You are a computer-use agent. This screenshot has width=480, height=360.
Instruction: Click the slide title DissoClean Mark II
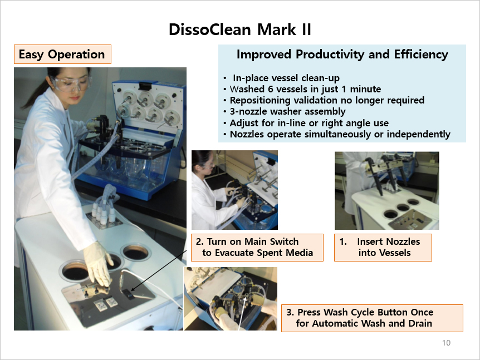pyautogui.click(x=239, y=29)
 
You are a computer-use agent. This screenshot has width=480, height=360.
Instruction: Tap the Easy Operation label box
pyautogui.click(x=62, y=55)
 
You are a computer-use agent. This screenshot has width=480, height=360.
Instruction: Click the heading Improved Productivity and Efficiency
pyautogui.click(x=342, y=54)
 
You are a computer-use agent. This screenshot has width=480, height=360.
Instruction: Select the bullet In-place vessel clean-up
pyautogui.click(x=286, y=78)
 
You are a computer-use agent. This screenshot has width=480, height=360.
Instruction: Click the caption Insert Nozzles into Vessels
pyautogui.click(x=383, y=248)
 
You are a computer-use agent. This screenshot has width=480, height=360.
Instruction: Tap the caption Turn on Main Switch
pyautogui.click(x=257, y=248)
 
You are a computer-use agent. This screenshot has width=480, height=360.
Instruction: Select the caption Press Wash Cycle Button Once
pyautogui.click(x=372, y=318)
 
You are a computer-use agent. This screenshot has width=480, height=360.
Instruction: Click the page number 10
pyautogui.click(x=446, y=343)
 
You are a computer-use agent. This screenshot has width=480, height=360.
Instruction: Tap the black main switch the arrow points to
pyautogui.click(x=128, y=294)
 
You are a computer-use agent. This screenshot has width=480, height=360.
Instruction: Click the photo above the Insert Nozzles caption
pyautogui.click(x=386, y=190)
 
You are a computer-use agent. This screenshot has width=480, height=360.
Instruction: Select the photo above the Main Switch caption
pyautogui.click(x=234, y=190)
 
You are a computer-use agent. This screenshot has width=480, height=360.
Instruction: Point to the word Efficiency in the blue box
pyautogui.click(x=421, y=54)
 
